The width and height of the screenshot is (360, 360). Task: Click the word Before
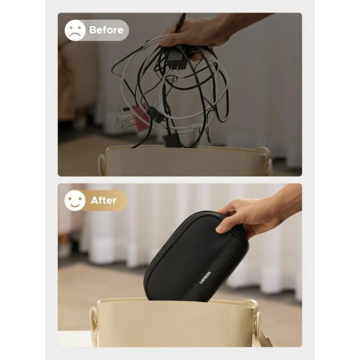point(106,30)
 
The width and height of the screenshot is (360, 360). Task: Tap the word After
point(104,201)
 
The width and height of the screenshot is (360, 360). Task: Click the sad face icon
point(75,30)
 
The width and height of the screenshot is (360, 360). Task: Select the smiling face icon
point(75,200)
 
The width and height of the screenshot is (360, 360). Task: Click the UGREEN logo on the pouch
point(205,278)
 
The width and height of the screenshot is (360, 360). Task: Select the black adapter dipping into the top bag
point(168,140)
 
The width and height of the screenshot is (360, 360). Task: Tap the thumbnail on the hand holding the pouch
point(219,229)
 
